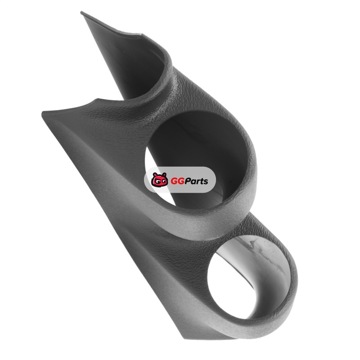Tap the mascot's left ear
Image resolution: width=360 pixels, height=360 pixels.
coord(154,174)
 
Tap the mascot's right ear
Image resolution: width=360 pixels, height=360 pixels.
coord(165,175)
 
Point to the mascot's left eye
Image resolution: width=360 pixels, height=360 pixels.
coord(156,182)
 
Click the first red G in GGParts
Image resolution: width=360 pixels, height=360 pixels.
coord(175,181)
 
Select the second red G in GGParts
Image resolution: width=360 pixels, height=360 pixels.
coord(182,181)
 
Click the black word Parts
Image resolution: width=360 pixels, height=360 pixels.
coord(197,181)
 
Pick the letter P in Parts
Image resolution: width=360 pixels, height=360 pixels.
coord(189,181)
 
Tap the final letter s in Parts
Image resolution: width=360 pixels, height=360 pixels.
coord(206,182)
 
